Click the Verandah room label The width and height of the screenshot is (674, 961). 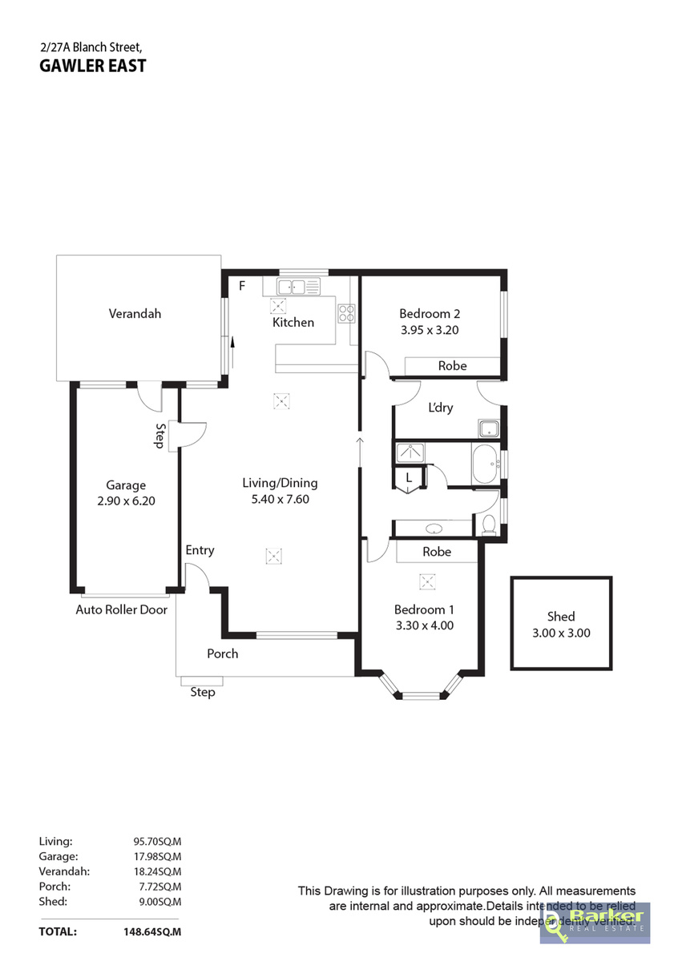(135, 314)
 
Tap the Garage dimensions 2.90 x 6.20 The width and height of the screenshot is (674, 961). (126, 501)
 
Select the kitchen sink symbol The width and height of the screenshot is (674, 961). (298, 286)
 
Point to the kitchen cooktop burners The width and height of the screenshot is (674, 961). (346, 312)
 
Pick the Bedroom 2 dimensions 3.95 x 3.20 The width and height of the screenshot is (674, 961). (430, 329)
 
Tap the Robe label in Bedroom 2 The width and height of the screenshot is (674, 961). (452, 366)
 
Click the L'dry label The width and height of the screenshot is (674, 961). (441, 408)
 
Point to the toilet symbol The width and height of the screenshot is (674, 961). (488, 525)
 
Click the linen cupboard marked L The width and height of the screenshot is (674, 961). (409, 478)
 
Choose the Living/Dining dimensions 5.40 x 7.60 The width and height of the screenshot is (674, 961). (280, 499)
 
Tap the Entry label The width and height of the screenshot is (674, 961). (200, 550)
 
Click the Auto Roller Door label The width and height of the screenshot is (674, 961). (122, 609)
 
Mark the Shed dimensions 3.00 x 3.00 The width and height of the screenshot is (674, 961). (561, 632)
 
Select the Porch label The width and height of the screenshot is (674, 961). (223, 653)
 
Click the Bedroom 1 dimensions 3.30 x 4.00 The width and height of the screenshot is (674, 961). (425, 625)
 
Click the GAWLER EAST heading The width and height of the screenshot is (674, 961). (93, 66)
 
